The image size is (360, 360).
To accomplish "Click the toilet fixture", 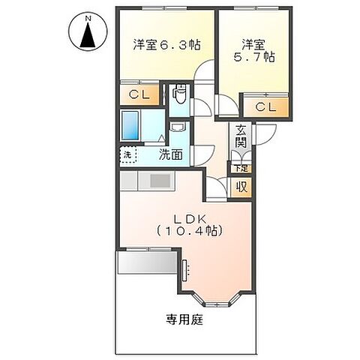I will (179, 95).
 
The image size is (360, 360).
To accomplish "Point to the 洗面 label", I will (170, 155).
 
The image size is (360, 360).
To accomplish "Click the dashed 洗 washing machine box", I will (127, 155).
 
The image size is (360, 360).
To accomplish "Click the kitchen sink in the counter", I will (160, 181).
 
